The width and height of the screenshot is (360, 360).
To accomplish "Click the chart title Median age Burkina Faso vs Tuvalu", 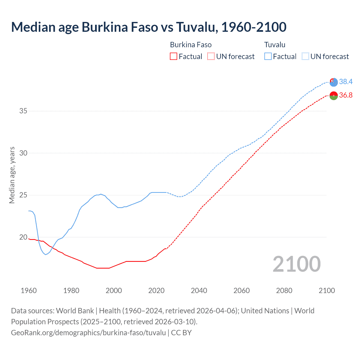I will tap(148, 27).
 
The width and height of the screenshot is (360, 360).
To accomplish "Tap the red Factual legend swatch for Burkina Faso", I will tap(174, 57).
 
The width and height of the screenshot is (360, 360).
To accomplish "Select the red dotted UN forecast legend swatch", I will tap(211, 57).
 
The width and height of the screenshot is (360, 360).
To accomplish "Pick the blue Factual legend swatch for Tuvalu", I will tap(268, 57).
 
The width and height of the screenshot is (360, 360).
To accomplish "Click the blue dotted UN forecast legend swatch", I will tap(305, 57).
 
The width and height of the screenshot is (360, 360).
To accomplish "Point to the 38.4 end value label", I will tap(346, 82).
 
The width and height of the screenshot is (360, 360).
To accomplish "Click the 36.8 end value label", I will tap(346, 95).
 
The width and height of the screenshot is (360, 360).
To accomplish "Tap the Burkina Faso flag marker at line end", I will tap(334, 96).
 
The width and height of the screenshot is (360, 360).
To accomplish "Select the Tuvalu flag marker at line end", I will tap(334, 82).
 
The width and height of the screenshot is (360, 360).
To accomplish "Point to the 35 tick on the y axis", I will tap(23, 111).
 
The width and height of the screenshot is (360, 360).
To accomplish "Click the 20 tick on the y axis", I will tap(23, 237).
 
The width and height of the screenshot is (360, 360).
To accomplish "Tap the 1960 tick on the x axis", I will tap(29, 291).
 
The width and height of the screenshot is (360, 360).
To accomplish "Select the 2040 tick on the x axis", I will tap(199, 291).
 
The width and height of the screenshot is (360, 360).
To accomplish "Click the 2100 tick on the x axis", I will tap(327, 291).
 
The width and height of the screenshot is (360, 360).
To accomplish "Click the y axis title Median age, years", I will tap(12, 175).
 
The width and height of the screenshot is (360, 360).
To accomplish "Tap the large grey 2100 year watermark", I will tap(296, 264).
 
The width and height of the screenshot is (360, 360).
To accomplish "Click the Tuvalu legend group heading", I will tap(275, 45).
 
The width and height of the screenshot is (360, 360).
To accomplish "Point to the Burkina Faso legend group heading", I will tap(191, 45).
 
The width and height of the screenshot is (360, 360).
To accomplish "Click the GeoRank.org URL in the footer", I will tap(88, 332).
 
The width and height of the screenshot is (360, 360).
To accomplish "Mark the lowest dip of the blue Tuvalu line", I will tap(46, 255).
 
